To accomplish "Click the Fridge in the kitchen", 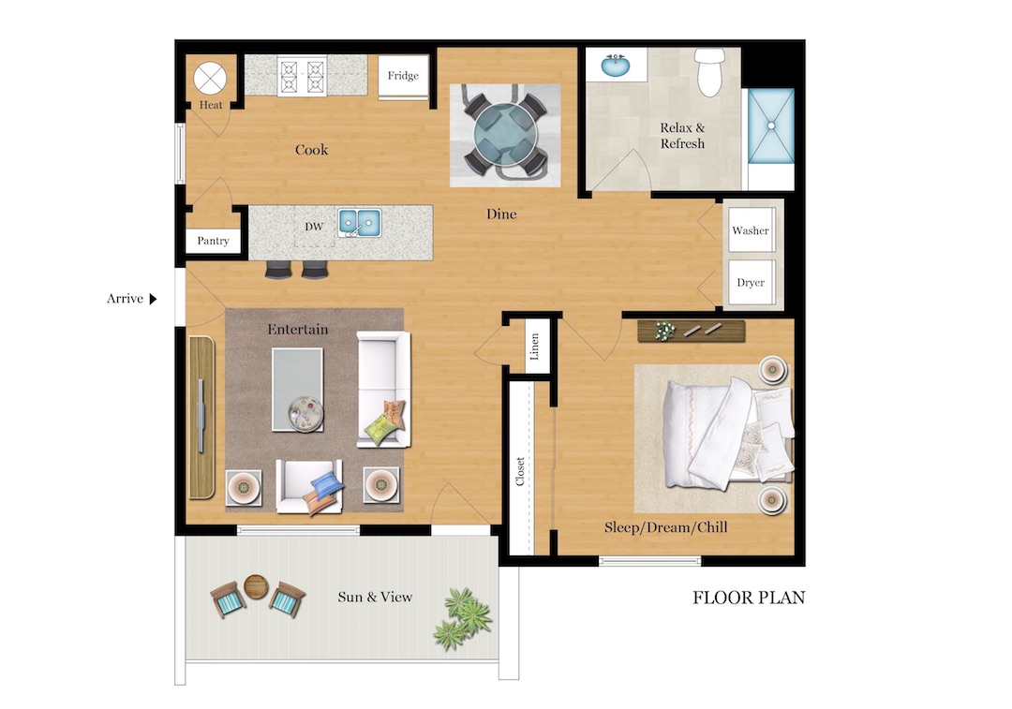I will click(x=404, y=77).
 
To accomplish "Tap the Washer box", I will click(x=751, y=230).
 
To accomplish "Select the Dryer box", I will click(x=751, y=282).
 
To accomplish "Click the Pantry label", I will click(x=214, y=241).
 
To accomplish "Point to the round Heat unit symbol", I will click(x=211, y=75).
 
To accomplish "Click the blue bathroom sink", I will click(x=614, y=66).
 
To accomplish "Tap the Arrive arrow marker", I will click(x=153, y=299).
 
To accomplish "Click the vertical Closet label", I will click(x=520, y=471).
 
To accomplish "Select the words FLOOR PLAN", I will click(x=749, y=598).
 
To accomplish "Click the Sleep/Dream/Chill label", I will click(x=665, y=528).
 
